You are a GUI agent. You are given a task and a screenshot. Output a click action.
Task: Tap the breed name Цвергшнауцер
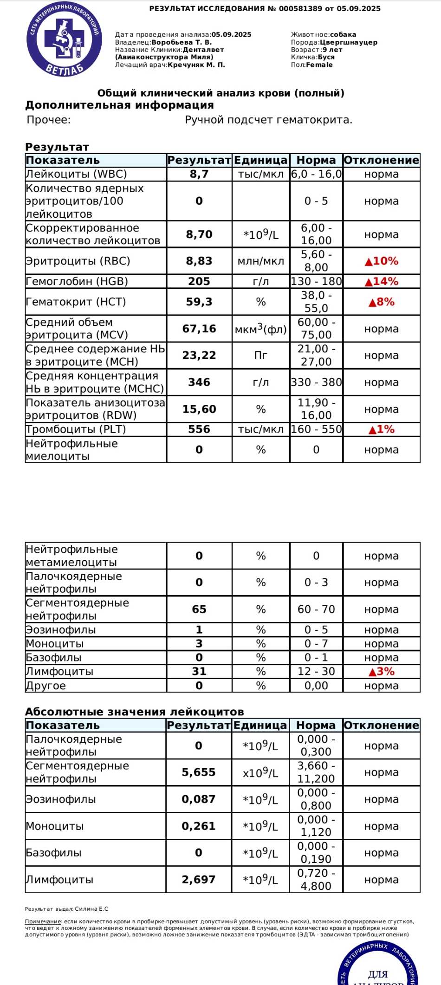[x=349, y=42]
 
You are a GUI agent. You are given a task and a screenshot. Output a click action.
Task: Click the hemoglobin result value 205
[x=199, y=281]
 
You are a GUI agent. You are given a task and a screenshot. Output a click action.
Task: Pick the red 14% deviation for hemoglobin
[x=382, y=281]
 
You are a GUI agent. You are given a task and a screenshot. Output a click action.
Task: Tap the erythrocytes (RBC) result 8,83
[x=199, y=261]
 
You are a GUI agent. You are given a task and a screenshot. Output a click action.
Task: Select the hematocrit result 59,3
[x=199, y=302]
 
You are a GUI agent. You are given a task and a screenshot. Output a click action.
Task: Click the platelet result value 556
[x=199, y=429]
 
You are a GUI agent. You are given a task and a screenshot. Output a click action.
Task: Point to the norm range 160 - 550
[x=316, y=429]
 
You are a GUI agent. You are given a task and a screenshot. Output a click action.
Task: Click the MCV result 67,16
[x=199, y=329]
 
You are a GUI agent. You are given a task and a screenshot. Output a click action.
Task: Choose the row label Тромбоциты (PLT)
[x=76, y=429]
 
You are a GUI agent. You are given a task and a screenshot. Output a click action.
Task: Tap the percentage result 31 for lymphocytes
[x=199, y=671]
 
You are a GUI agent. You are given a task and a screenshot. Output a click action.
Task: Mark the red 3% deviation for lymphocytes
[x=382, y=671]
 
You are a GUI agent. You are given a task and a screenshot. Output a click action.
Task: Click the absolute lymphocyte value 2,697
[x=199, y=879]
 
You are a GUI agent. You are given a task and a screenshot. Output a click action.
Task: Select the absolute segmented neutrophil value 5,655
[x=199, y=772]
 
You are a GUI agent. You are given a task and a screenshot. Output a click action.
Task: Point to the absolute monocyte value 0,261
[x=199, y=826]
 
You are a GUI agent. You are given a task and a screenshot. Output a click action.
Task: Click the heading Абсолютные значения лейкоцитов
[x=134, y=712]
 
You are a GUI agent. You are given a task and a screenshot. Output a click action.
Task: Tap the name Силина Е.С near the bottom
[x=91, y=909]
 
